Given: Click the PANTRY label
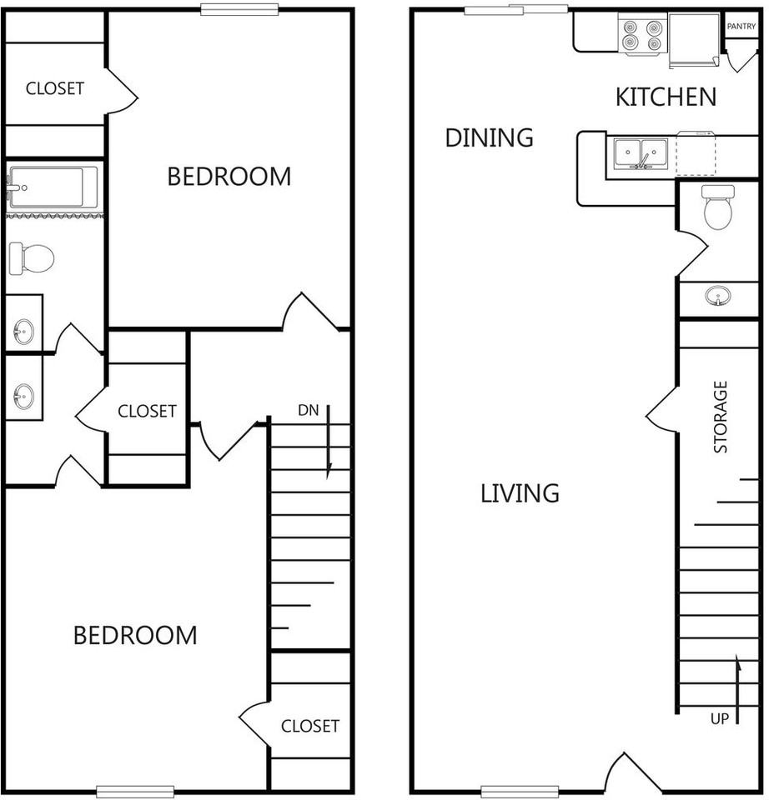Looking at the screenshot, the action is [x=741, y=26].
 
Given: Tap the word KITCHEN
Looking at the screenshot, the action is [x=666, y=97].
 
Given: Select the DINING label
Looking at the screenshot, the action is [x=490, y=137].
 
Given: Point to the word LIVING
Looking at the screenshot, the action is [x=520, y=493].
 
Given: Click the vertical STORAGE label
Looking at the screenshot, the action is [x=720, y=417].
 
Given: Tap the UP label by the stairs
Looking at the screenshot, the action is [x=720, y=719].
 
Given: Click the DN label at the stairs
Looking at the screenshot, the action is [x=309, y=410].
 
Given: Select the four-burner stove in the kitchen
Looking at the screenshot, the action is [x=643, y=35].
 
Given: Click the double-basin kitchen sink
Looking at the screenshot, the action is [x=641, y=153].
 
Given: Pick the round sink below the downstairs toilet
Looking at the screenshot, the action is [x=718, y=295].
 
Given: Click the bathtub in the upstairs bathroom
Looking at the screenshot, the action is [x=53, y=187].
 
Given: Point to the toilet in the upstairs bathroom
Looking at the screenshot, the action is [x=32, y=258].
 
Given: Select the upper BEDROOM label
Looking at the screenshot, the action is [x=229, y=177].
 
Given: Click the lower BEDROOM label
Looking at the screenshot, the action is [x=135, y=636].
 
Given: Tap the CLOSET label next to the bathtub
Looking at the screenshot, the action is [x=55, y=89].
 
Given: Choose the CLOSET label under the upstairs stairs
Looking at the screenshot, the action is [x=310, y=726].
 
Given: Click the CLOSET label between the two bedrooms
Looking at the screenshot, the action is [x=147, y=411].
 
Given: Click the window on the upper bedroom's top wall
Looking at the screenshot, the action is [x=239, y=10].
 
